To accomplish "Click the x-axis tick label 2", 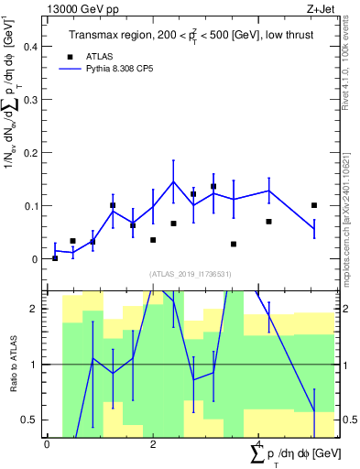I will coord(152,443).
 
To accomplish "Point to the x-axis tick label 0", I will coord(46,443).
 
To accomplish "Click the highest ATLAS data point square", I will coord(213,187).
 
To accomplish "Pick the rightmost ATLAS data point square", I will coord(314,205).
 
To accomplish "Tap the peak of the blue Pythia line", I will coord(173,180).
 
